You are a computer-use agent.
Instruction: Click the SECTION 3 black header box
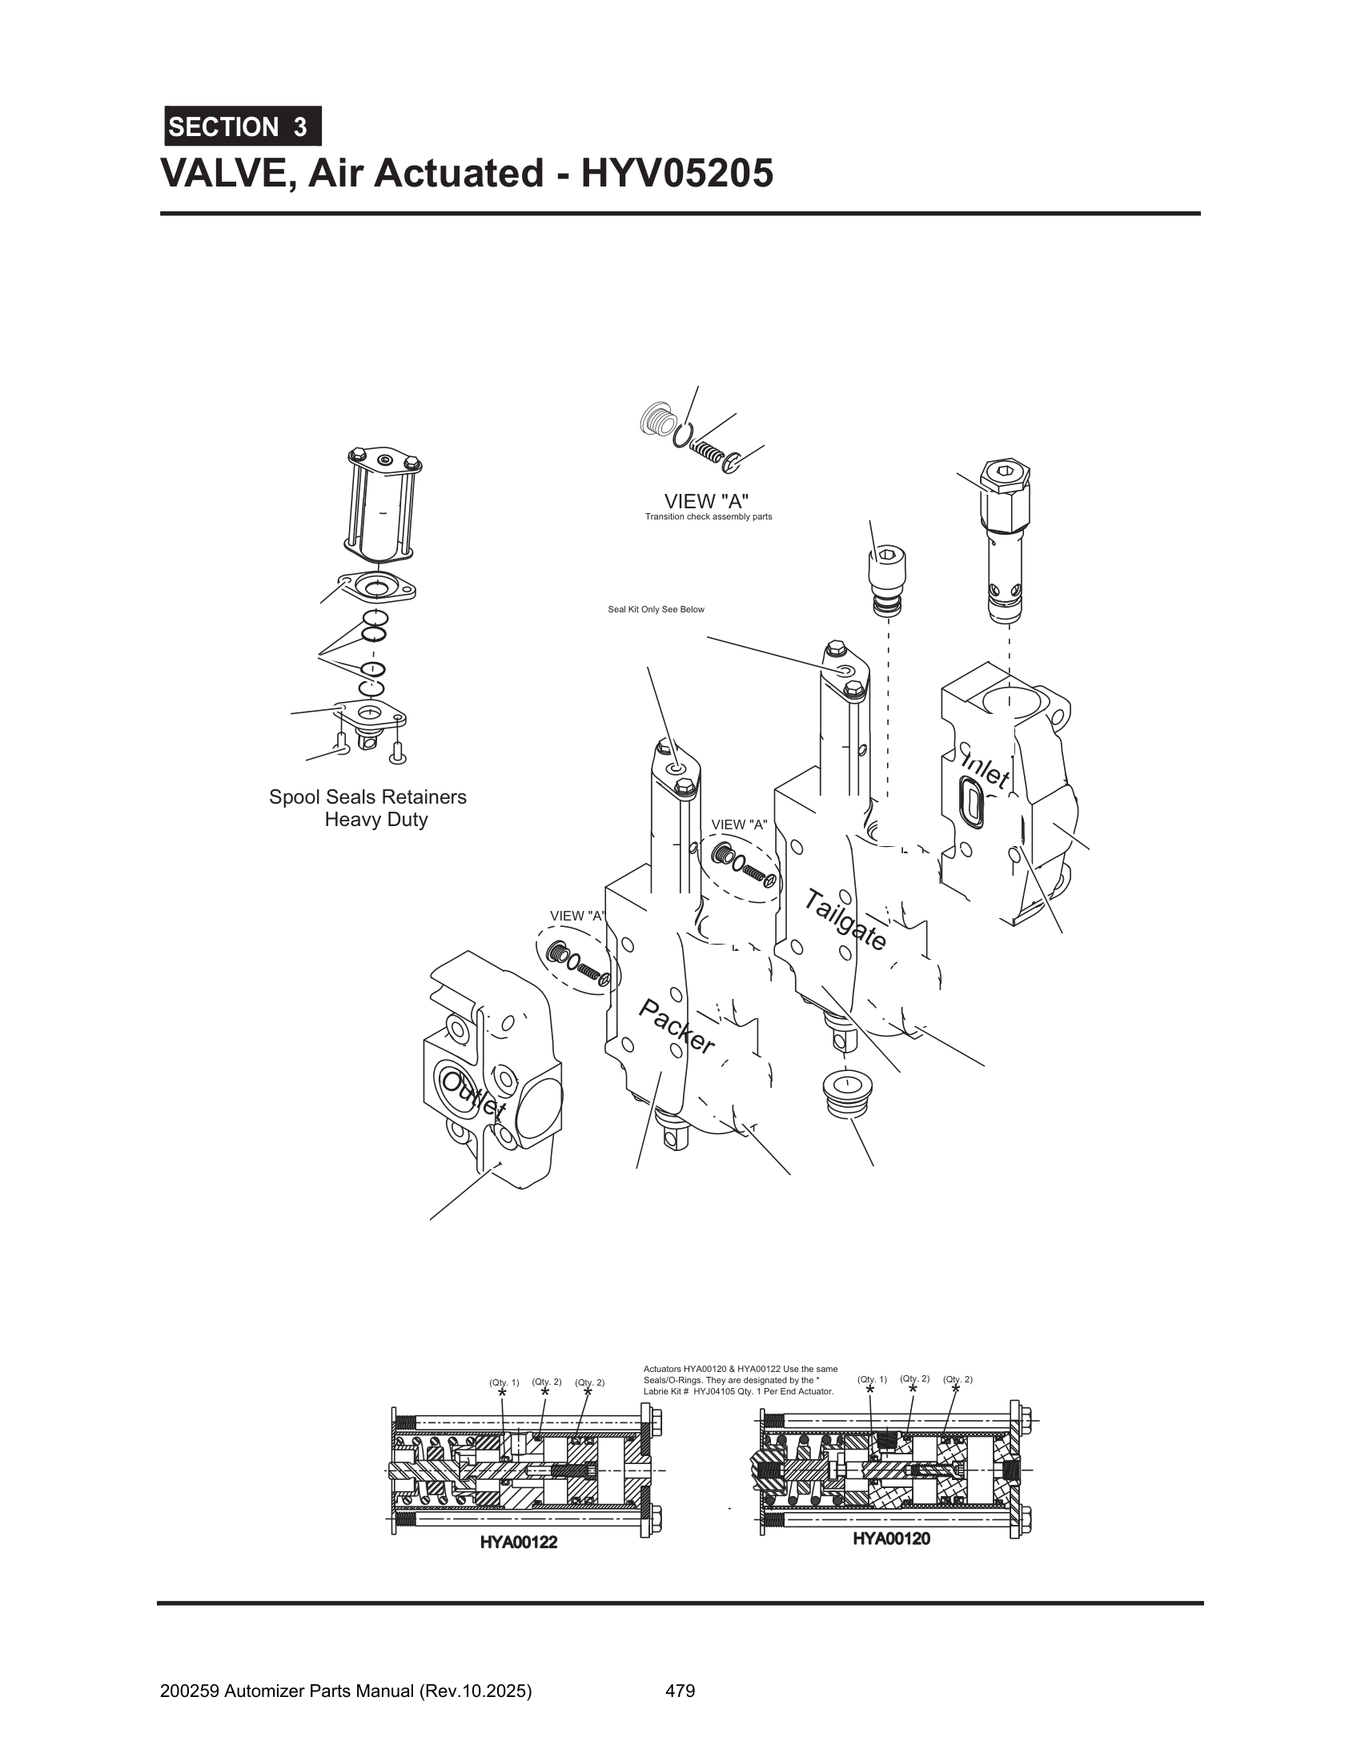click(243, 126)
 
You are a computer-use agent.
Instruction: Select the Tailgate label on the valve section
click(845, 919)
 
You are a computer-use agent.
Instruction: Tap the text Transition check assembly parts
click(708, 517)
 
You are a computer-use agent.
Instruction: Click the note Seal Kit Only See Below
click(656, 610)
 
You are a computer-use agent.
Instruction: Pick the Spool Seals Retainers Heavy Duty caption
click(368, 808)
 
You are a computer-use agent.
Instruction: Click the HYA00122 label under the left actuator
click(519, 1542)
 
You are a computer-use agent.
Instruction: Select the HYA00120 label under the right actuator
click(891, 1538)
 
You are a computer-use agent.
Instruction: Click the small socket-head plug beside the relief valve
click(887, 582)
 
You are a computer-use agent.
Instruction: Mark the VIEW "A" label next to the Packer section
click(576, 916)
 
